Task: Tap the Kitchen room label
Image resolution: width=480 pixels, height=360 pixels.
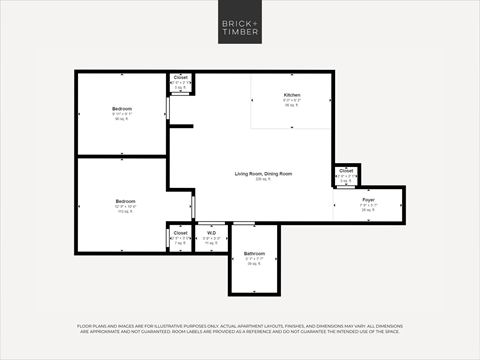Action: [x=291, y=95]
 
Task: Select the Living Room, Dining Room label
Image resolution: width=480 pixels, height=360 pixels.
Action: [x=264, y=174]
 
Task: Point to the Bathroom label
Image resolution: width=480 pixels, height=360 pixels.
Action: [x=254, y=253]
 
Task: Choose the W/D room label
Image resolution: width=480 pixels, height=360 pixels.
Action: [x=212, y=233]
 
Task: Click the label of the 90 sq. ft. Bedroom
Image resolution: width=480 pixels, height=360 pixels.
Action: [x=122, y=108]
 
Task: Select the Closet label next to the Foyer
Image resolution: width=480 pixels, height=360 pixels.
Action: [x=346, y=171]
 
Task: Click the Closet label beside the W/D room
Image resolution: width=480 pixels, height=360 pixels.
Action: [x=180, y=233]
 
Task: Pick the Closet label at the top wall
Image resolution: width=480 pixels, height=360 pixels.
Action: [x=181, y=77]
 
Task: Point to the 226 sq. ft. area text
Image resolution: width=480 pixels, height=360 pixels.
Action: [x=264, y=180]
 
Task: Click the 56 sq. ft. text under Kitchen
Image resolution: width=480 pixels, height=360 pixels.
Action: [x=291, y=105]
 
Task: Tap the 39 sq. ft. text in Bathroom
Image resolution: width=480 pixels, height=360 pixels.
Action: [x=254, y=264]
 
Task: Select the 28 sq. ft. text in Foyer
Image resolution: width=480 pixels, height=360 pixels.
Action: [x=369, y=210]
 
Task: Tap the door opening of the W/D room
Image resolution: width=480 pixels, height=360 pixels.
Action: [x=211, y=224]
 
